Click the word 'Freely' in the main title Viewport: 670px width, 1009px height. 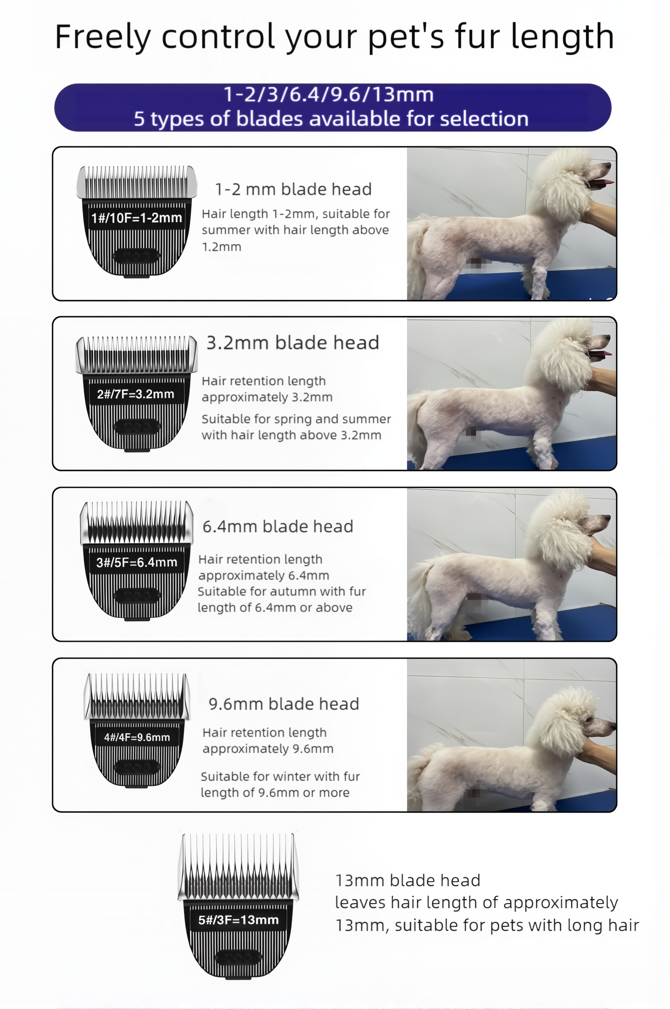[103, 37]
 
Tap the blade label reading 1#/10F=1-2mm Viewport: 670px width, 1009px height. [137, 218]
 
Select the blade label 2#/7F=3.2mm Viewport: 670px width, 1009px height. [136, 394]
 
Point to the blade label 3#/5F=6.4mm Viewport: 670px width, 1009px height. [137, 562]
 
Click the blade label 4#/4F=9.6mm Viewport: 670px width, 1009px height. [137, 737]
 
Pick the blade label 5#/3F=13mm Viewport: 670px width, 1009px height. [238, 920]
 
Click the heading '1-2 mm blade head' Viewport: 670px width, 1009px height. [293, 189]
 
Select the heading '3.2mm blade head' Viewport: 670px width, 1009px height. [293, 343]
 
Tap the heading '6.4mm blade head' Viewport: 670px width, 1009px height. [278, 527]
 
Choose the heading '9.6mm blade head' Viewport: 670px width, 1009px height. [284, 704]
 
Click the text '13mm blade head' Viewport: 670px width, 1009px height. [408, 881]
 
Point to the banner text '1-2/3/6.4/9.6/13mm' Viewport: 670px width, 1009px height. [328, 94]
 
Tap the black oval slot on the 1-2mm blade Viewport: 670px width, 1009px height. [136, 257]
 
